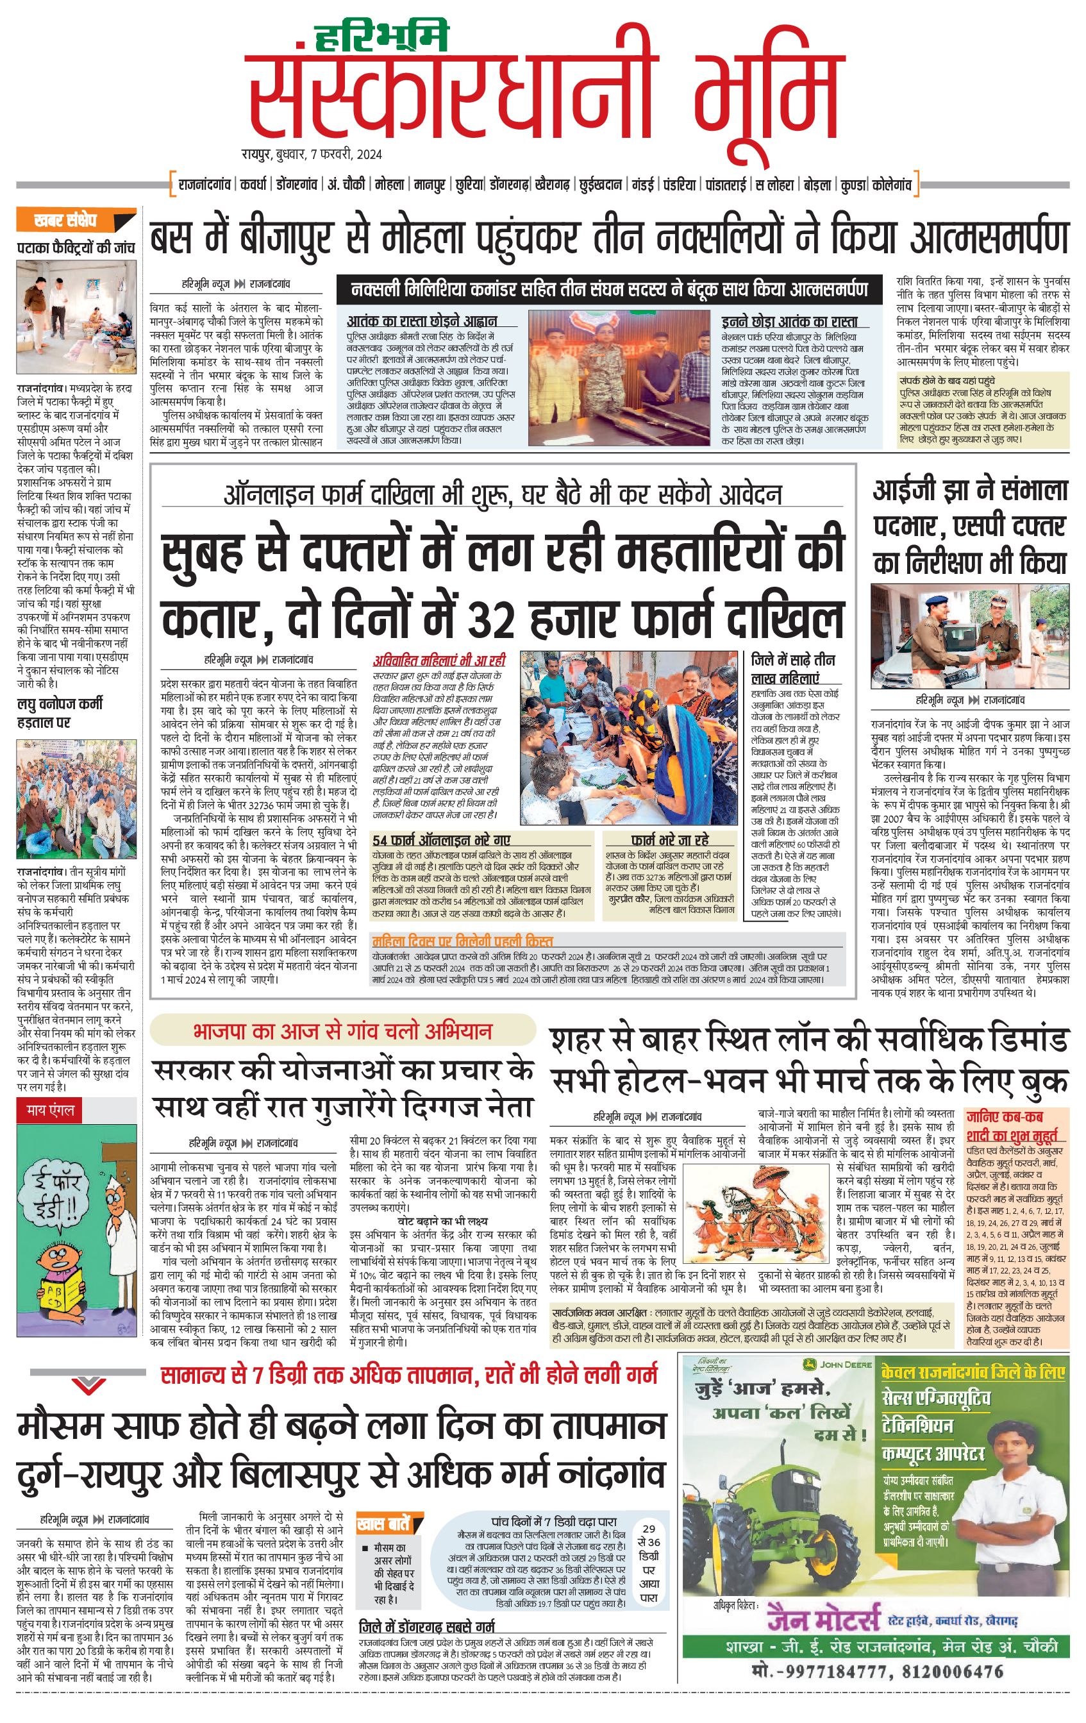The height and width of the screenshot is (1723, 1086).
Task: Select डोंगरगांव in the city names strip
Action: click(x=297, y=185)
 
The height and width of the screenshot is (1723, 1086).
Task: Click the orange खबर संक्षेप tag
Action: click(x=75, y=221)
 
